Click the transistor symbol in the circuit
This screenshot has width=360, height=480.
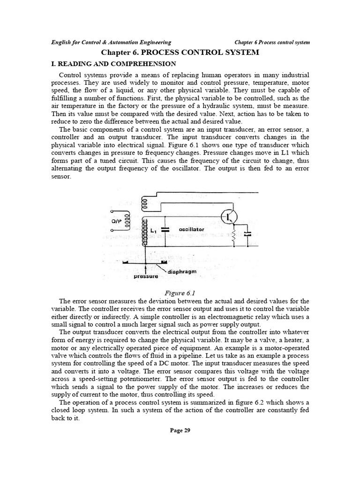point(230,217)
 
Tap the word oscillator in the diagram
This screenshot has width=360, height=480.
point(191,230)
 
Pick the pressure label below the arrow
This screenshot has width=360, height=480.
point(146,277)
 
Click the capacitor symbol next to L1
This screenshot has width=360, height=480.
point(165,230)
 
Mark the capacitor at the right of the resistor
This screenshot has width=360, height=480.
point(248,233)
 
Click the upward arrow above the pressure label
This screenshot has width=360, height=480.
point(147,269)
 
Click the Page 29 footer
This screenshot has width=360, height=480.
point(180,430)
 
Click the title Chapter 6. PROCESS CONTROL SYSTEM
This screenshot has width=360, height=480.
point(180,52)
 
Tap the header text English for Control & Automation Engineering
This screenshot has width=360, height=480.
point(111,42)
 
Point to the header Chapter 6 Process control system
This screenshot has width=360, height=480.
point(272,42)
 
